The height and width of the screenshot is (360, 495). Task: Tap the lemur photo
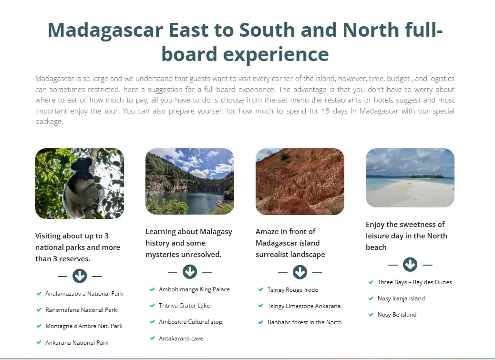pos(80,184)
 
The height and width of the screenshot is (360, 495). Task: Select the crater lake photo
pos(190,182)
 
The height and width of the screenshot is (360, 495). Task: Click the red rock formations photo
pos(300,182)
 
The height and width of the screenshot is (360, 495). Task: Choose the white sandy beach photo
pos(410,178)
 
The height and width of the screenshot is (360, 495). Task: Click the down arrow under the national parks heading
pos(80,276)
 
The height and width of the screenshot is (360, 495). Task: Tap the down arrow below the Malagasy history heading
pos(190,272)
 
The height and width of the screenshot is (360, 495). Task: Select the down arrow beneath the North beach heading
pos(410,265)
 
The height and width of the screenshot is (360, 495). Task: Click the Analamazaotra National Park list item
pos(84,294)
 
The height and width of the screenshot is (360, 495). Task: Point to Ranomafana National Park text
pos(81,310)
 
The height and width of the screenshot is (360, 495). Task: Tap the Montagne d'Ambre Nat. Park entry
pos(84,326)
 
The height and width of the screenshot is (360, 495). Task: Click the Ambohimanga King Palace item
pos(194,289)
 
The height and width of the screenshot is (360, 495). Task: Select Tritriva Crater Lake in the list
pos(184,306)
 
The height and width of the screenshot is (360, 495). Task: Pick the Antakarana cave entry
pos(181,339)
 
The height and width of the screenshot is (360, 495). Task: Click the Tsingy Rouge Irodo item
pos(293,290)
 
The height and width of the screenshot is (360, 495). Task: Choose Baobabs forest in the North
pos(304,322)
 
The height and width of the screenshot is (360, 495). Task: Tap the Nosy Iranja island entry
pos(401,298)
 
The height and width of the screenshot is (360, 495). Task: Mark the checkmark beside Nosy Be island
pos(371,315)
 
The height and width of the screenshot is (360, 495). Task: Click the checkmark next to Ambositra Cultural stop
pos(152,322)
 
